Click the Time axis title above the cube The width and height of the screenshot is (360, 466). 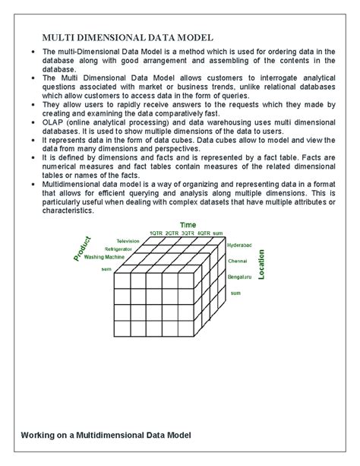point(187,224)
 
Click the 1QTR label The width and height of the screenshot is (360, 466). point(156,232)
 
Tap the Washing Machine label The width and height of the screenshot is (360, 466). point(105,257)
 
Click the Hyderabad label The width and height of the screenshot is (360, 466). point(241,246)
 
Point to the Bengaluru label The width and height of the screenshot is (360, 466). point(239,277)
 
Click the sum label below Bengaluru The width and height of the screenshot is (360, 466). point(235,292)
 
